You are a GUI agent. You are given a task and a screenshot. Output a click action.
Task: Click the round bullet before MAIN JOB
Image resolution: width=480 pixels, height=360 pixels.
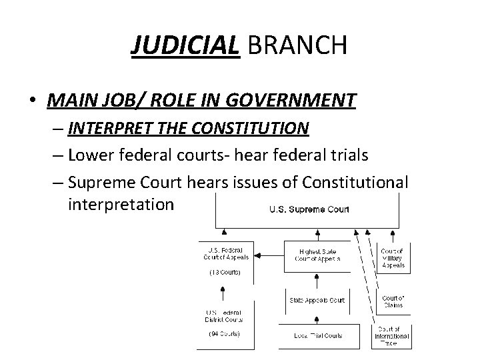[x=32, y=101]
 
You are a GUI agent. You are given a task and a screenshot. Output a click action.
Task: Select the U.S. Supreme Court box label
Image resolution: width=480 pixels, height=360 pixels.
[x=309, y=209]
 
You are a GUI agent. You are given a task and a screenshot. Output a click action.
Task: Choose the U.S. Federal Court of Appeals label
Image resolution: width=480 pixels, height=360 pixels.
[x=223, y=255]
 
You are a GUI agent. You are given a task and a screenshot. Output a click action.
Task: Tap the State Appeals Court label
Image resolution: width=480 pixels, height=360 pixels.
[x=317, y=300]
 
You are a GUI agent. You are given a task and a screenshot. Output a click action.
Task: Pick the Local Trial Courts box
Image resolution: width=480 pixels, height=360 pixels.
[x=317, y=335]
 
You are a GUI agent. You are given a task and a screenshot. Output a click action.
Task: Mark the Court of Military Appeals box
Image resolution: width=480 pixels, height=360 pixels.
[x=393, y=257]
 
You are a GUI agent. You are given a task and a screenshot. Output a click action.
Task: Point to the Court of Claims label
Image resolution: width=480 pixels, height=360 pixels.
[x=393, y=301]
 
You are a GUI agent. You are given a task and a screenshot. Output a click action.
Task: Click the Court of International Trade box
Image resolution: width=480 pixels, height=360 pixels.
[x=392, y=336]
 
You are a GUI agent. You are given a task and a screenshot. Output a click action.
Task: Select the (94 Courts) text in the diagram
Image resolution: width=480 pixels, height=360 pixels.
[x=223, y=333]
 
